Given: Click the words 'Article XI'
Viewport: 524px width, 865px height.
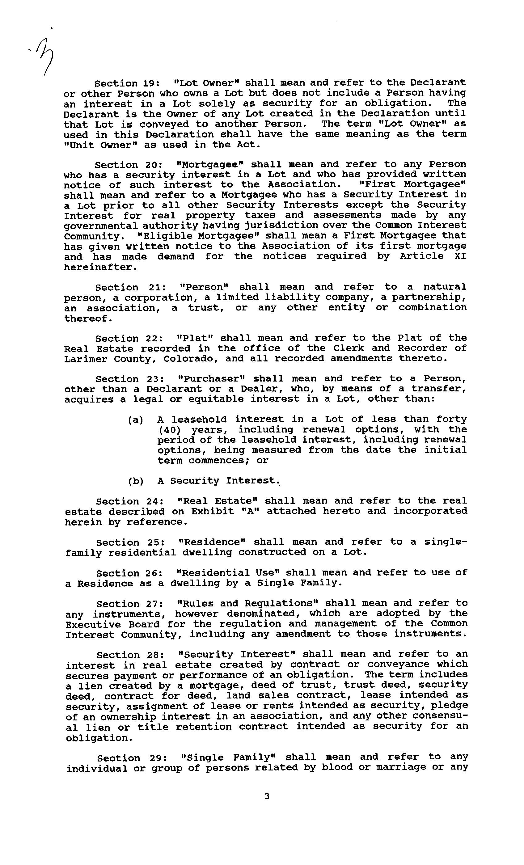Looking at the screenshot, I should coord(433,256).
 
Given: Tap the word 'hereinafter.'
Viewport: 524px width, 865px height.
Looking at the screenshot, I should coord(99,267).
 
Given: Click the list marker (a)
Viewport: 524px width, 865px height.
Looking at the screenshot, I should coord(136,420).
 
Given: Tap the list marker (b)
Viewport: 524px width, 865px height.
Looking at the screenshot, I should coord(136,481).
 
